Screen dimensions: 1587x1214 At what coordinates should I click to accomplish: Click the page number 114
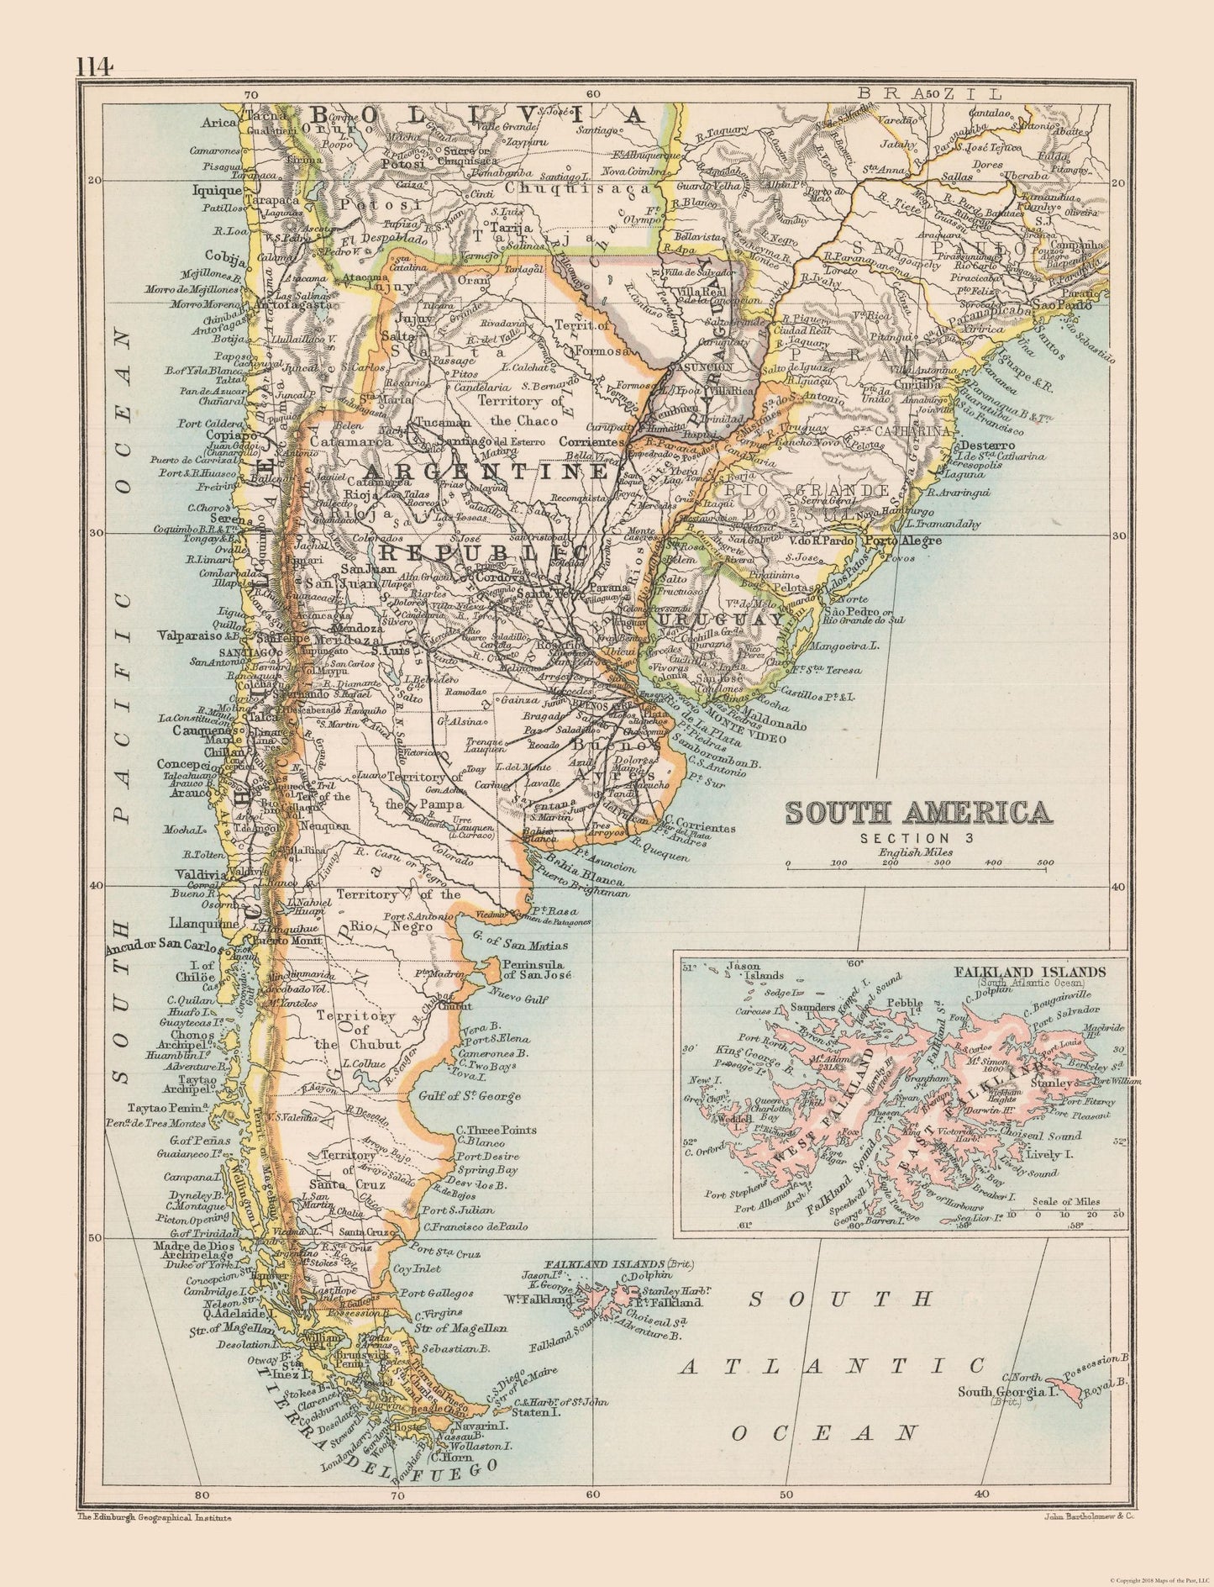point(95,66)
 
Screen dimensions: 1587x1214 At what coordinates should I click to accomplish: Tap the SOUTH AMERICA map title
point(917,813)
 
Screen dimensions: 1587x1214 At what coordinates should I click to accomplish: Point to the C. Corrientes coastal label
point(699,827)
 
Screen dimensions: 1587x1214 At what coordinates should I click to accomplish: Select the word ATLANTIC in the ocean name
point(832,1365)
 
